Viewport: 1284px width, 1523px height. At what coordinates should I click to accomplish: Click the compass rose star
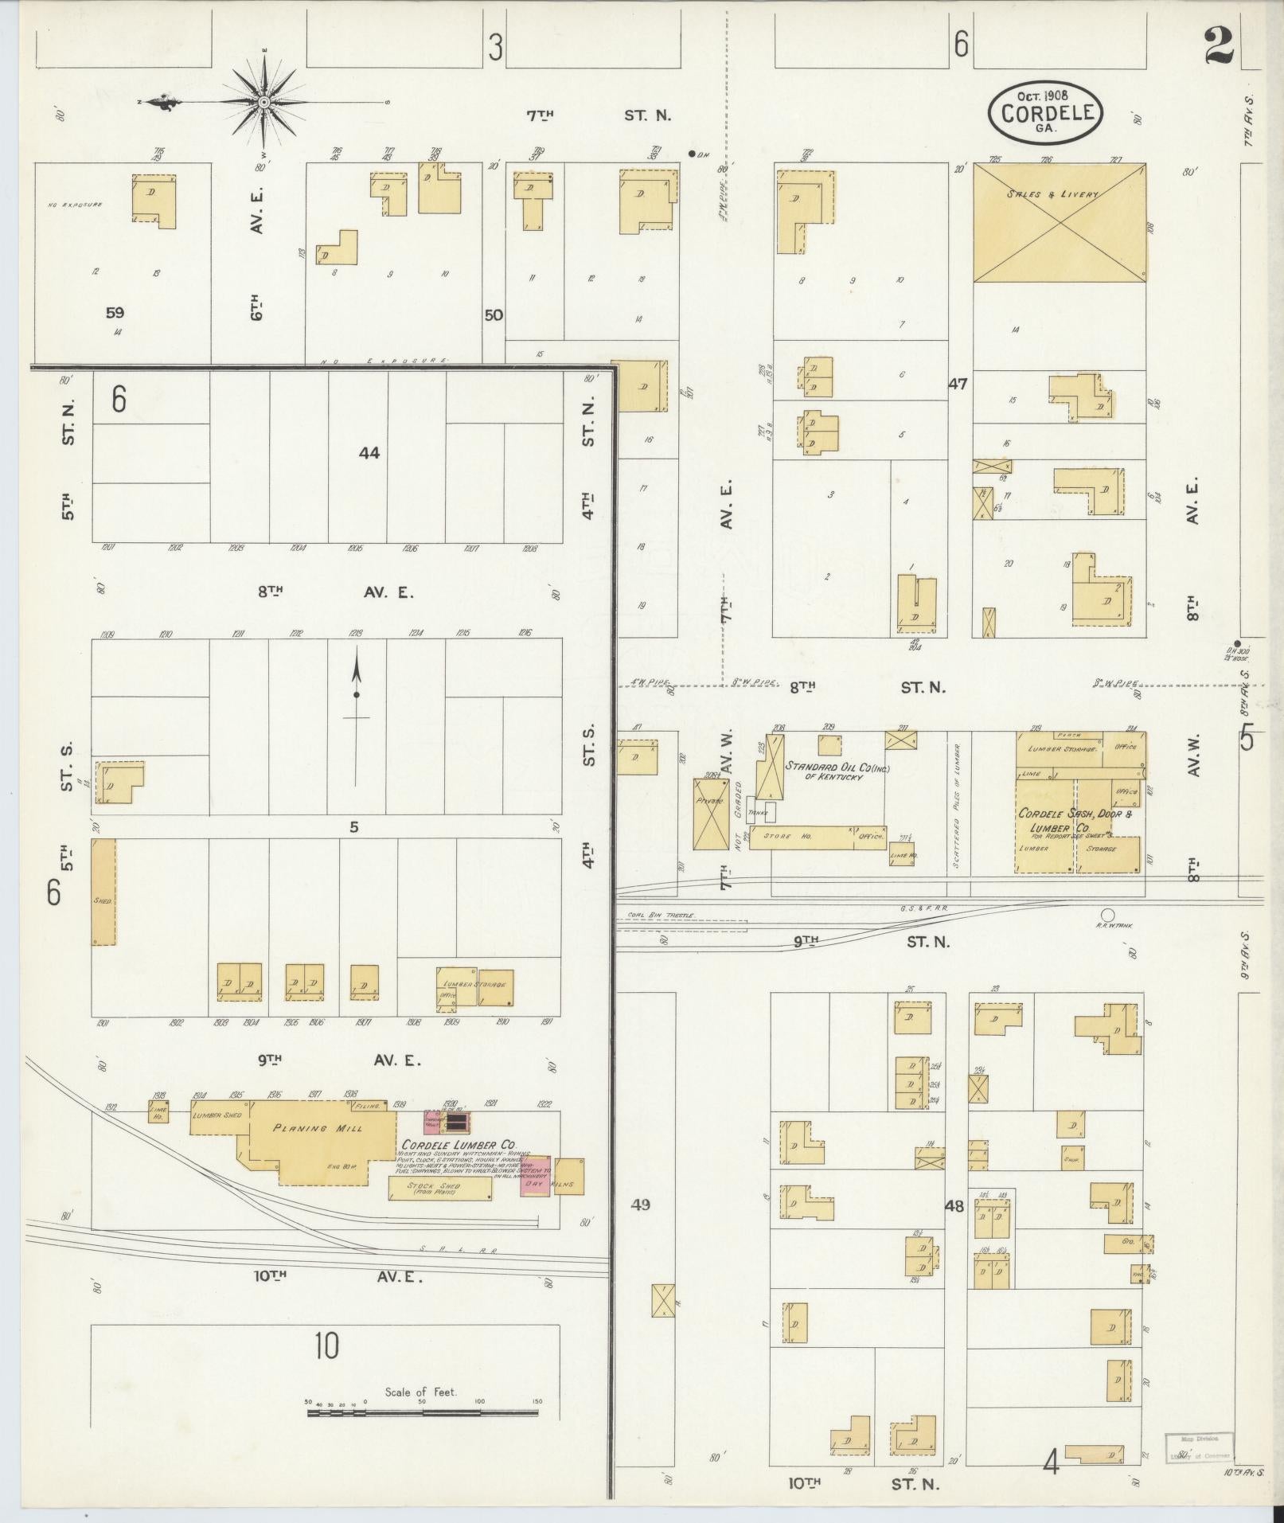point(263,102)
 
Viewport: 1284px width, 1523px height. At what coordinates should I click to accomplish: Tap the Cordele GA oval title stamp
point(1045,112)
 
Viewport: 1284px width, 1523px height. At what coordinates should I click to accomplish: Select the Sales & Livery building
point(1059,223)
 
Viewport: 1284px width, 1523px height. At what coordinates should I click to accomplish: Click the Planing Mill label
point(317,1128)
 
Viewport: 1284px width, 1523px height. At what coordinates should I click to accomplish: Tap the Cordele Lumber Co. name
point(459,1145)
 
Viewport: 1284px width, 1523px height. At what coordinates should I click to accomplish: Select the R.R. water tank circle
point(1106,915)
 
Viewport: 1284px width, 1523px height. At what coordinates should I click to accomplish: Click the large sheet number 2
point(1219,45)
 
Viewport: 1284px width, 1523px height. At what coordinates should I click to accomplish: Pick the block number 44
point(369,453)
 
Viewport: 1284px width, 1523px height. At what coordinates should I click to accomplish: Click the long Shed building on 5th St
point(103,892)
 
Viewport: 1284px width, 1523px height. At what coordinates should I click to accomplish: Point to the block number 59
point(115,313)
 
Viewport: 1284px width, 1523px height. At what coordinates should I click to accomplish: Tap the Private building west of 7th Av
point(710,814)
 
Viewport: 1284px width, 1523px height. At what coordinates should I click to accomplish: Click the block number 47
point(957,384)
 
